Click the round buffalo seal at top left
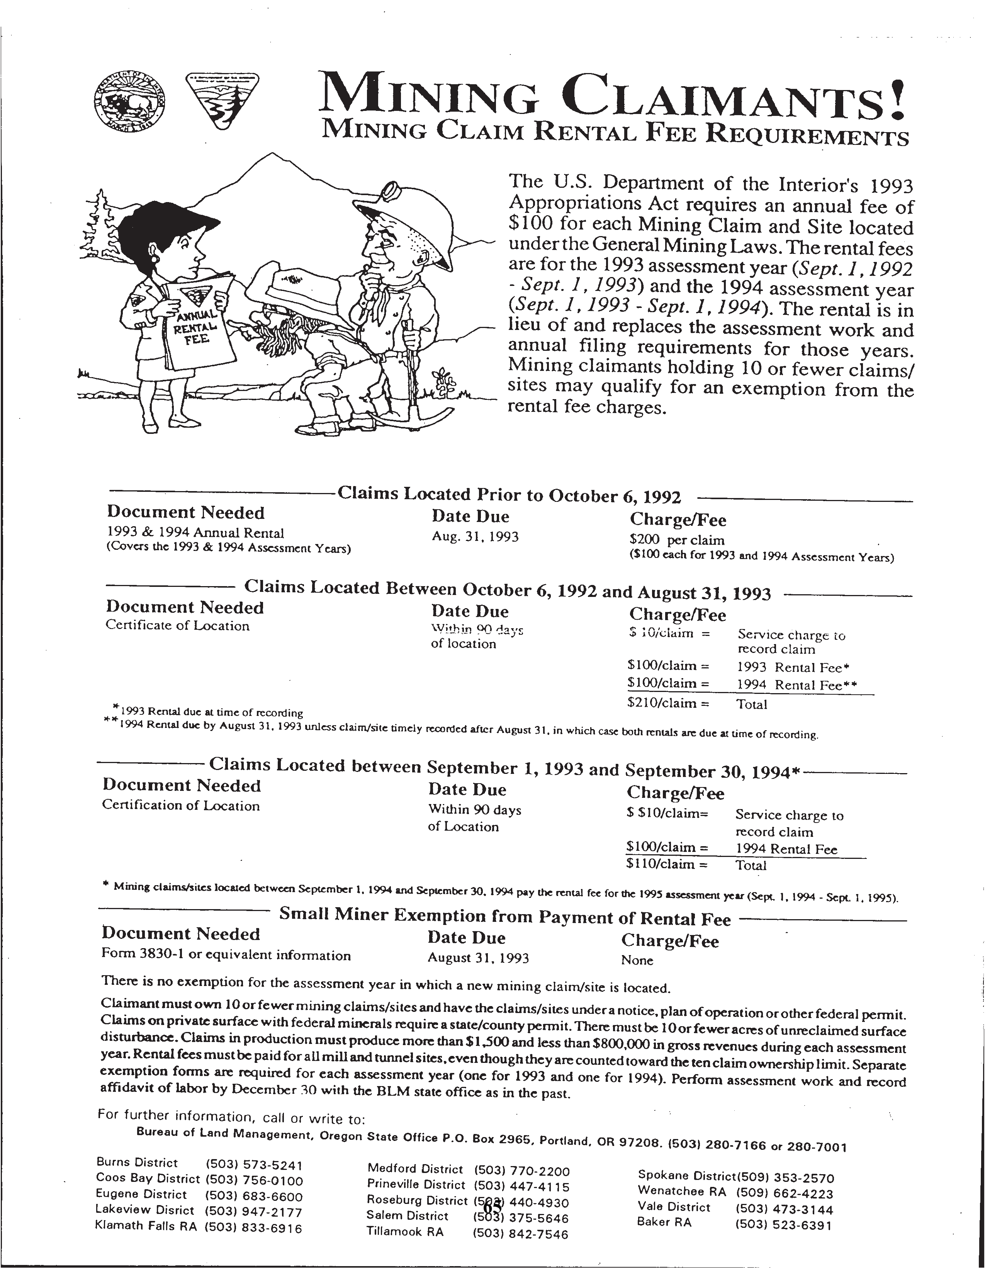pyautogui.click(x=130, y=101)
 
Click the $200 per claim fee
pyautogui.click(x=677, y=540)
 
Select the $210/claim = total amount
pyautogui.click(x=668, y=703)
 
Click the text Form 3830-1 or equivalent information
pyautogui.click(x=226, y=955)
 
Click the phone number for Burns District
pyautogui.click(x=254, y=1166)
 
